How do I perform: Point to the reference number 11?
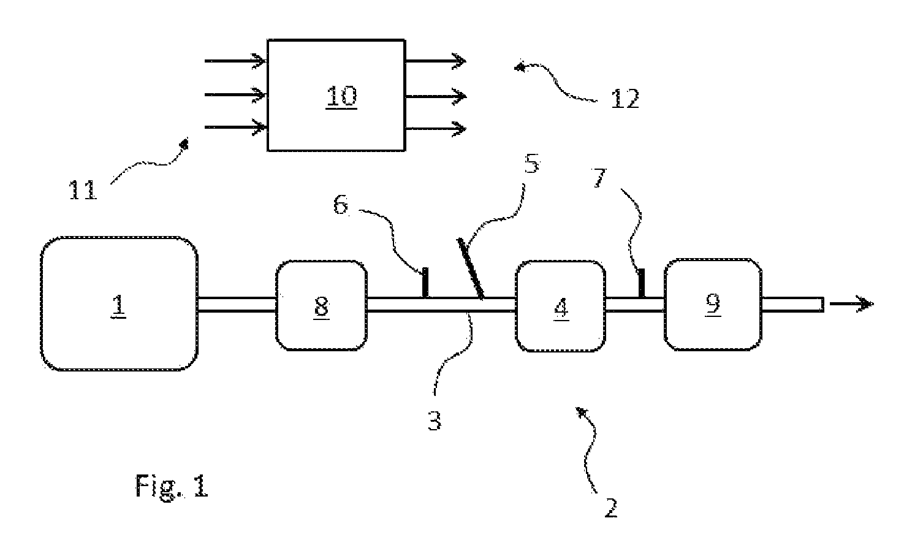click(83, 190)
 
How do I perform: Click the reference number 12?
click(625, 99)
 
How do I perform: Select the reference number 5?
click(532, 164)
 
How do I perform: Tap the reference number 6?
click(340, 205)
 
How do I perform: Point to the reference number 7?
click(600, 178)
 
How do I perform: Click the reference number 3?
click(435, 421)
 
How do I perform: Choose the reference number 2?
click(611, 508)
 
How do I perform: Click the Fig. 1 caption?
click(172, 487)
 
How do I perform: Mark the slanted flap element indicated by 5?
click(470, 268)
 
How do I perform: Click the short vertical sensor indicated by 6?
click(425, 282)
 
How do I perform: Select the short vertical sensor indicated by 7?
click(641, 283)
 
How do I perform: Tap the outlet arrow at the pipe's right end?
click(851, 303)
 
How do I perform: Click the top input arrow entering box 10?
click(235, 61)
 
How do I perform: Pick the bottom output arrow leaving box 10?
click(436, 129)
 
